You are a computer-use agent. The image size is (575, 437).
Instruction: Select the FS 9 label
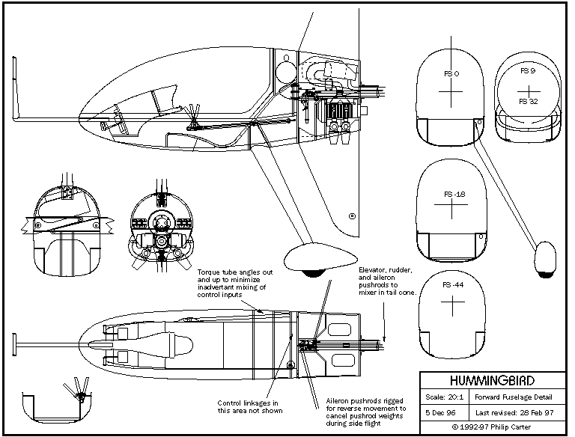pos(528,70)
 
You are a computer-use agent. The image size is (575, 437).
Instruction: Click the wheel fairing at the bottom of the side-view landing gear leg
pos(308,261)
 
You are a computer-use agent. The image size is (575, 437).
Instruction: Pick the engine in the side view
pos(334,112)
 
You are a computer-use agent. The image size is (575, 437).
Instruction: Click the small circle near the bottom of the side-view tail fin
pos(351,215)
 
